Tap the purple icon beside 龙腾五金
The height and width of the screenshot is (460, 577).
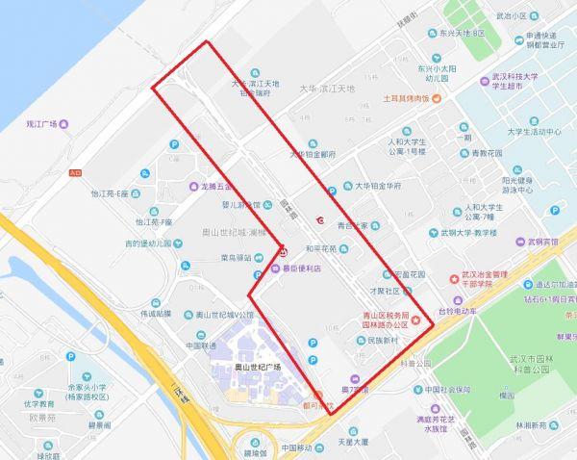[x=193, y=185]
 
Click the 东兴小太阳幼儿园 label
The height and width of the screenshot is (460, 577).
[x=435, y=76]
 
